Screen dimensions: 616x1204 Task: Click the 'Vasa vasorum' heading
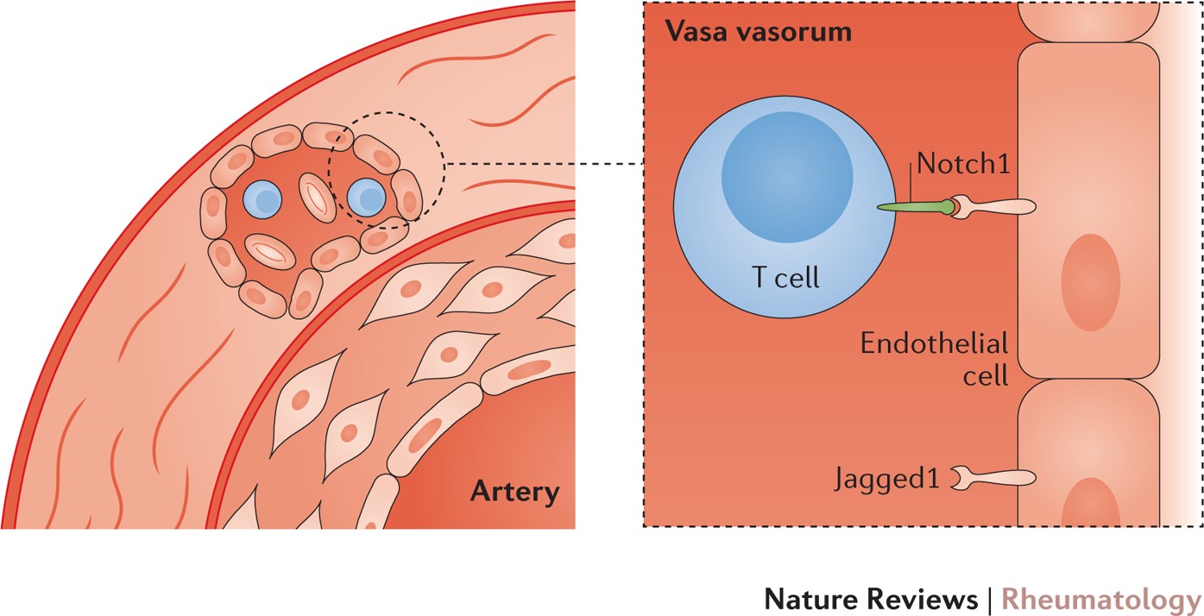pos(758,33)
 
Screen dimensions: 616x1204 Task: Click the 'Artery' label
pos(514,493)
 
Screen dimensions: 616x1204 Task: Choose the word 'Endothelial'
pos(934,345)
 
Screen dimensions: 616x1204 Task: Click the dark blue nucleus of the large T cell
pos(787,175)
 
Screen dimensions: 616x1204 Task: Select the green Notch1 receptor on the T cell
pos(911,207)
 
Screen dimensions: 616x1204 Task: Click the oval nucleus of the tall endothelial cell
pos(1091,282)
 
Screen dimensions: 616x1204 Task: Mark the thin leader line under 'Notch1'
pos(911,188)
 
